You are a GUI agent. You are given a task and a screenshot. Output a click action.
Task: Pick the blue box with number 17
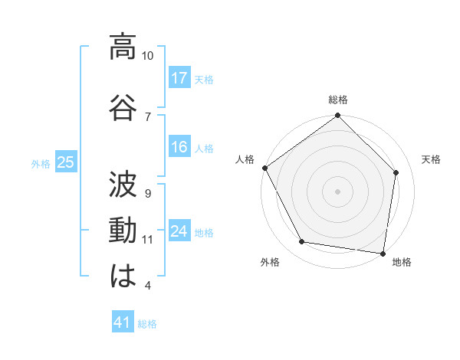[x=179, y=77]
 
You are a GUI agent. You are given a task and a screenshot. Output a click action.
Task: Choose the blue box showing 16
[x=179, y=148]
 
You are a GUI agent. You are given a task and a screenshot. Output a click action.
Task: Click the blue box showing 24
[x=179, y=231]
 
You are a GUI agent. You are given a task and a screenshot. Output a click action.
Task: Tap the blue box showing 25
[x=65, y=162]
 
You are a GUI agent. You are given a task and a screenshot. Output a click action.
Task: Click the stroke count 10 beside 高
[x=148, y=56]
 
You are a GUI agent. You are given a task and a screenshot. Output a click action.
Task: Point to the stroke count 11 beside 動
[x=148, y=240]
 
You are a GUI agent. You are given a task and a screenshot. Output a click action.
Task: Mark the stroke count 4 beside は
[x=147, y=286]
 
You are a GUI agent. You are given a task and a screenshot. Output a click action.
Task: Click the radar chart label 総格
[x=338, y=100]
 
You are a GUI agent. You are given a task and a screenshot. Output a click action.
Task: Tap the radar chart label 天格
[x=431, y=160]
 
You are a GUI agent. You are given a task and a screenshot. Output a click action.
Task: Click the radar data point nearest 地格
[x=383, y=253]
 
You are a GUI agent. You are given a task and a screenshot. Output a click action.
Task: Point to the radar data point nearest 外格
[x=302, y=242]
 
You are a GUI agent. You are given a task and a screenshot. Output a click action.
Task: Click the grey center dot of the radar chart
[x=338, y=191]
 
